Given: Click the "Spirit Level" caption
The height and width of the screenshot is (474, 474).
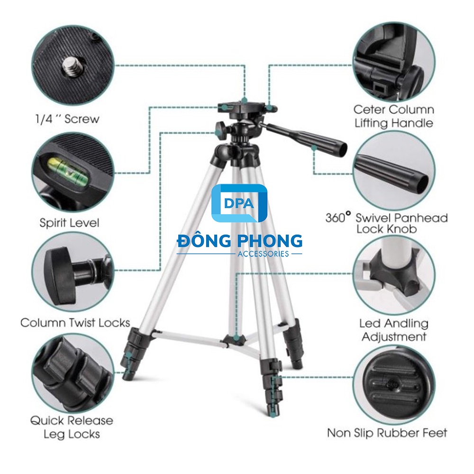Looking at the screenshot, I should click(x=70, y=223).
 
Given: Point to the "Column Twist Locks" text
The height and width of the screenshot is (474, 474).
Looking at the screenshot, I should click(x=75, y=323).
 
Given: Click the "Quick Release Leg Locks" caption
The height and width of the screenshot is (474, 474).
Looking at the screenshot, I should click(x=72, y=427).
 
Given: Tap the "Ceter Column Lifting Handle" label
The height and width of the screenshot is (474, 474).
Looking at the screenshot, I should click(x=393, y=116).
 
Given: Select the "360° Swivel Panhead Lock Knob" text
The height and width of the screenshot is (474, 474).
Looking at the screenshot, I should click(x=386, y=223).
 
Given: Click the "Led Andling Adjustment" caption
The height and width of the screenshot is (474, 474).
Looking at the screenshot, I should click(x=393, y=330).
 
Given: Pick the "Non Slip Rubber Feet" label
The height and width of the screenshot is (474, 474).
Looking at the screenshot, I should click(x=387, y=433).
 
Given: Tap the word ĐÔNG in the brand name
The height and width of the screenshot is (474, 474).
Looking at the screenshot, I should click(x=203, y=241).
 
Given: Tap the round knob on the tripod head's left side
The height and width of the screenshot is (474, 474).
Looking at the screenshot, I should click(x=221, y=128).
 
